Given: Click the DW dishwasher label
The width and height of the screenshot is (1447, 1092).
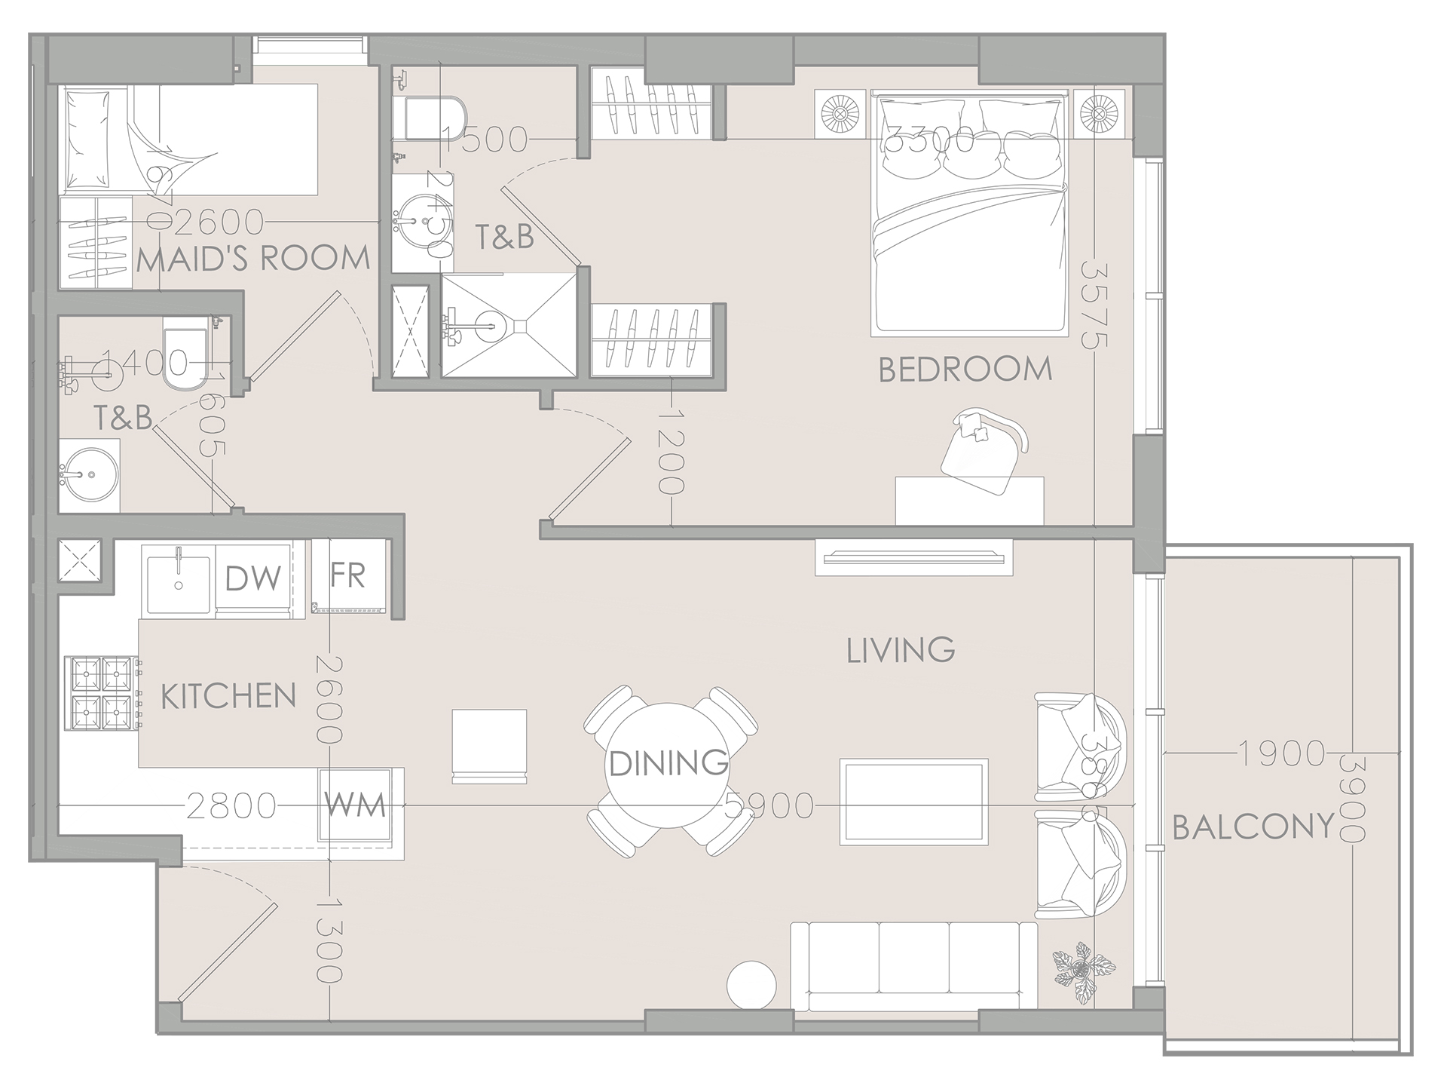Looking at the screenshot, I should click(x=253, y=579).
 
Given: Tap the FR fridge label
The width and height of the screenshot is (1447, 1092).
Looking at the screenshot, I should click(x=348, y=575).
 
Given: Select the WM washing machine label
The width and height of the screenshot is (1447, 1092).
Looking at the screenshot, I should click(x=355, y=805).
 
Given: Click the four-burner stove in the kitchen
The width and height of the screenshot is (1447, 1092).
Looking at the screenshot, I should click(x=101, y=693).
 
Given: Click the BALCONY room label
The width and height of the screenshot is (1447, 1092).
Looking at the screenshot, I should click(x=1253, y=827).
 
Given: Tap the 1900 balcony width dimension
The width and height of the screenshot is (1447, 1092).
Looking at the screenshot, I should click(x=1282, y=753).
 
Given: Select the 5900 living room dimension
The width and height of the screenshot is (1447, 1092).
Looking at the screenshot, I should click(x=768, y=806).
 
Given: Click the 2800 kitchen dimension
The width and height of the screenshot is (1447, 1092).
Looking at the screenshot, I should click(x=231, y=806).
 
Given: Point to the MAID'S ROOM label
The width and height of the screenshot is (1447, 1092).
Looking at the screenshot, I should click(x=253, y=259).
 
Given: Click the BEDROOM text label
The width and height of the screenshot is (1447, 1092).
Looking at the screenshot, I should click(x=965, y=370).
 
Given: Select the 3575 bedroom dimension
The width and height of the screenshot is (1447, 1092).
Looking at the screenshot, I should click(x=1094, y=305).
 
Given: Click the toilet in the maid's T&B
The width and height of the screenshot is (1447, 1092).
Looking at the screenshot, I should click(x=184, y=361).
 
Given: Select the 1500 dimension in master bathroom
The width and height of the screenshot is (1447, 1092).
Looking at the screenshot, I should click(x=485, y=140).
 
